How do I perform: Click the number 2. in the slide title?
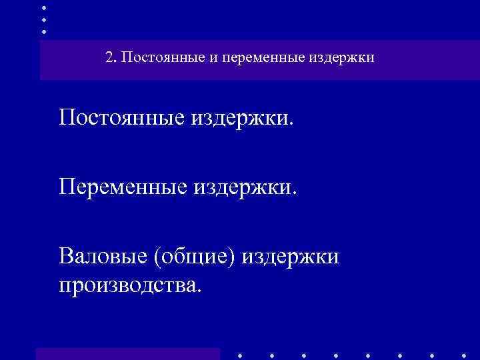pos(111,58)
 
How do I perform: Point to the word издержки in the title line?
pos(341,59)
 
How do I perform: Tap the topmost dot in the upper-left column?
pos(44,7)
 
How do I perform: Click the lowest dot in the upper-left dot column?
pos(44,31)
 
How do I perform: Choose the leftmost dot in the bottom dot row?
pos(239,355)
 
